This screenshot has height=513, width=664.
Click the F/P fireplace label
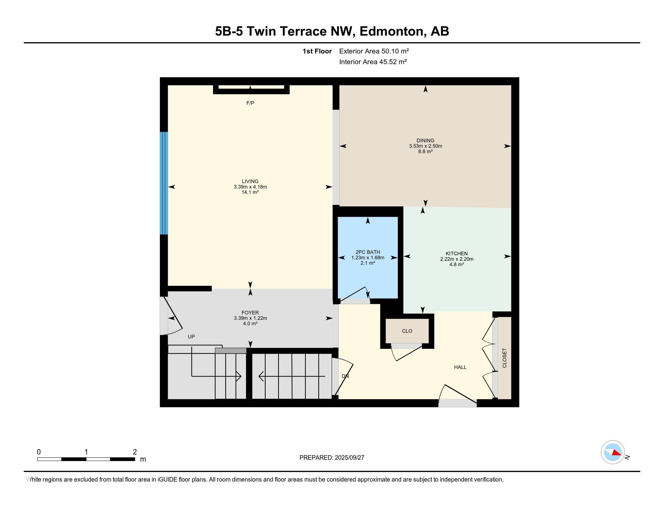tap(250, 103)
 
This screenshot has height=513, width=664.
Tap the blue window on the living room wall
tap(164, 183)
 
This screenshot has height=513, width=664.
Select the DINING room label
tap(425, 140)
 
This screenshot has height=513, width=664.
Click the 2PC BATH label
tap(368, 252)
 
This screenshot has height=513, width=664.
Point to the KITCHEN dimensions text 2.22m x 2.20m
tap(457, 259)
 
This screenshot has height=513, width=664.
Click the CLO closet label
tap(407, 331)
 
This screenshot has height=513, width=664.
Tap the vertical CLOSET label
tap(505, 358)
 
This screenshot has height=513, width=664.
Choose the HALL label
tap(460, 367)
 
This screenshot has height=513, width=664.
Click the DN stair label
tap(345, 376)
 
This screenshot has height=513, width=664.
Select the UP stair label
tap(191, 337)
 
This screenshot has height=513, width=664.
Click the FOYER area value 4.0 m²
tap(250, 324)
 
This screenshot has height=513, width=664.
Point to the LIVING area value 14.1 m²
tap(250, 192)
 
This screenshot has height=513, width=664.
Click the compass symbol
tap(613, 452)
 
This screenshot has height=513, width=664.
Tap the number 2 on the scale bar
tap(135, 452)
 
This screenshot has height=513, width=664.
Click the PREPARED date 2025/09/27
tap(349, 458)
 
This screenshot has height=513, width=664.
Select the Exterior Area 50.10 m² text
tap(374, 51)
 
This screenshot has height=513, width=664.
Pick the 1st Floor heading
tap(317, 51)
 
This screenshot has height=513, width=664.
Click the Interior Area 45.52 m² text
tap(373, 62)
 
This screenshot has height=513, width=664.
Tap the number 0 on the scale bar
tap(39, 452)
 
